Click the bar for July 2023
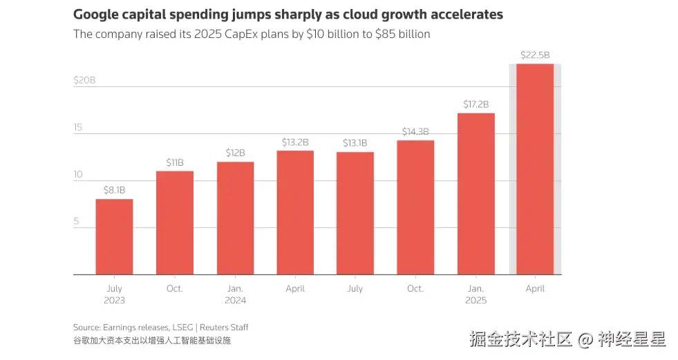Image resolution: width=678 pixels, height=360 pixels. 114,236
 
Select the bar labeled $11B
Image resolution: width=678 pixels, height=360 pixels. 174,222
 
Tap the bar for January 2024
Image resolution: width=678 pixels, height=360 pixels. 235,218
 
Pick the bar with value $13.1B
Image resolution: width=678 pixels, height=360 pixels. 355,213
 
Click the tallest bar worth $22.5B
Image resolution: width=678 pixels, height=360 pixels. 535,169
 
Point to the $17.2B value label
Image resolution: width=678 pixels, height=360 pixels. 475,104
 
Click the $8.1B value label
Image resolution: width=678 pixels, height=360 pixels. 114,190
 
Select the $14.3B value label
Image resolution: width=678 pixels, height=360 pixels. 415,131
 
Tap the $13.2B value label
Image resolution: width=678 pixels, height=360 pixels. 295,142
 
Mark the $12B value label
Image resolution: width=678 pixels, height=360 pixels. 235,153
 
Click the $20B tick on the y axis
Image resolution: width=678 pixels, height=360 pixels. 84,80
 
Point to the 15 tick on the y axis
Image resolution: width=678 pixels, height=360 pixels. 78,127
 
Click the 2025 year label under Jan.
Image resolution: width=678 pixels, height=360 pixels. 475,301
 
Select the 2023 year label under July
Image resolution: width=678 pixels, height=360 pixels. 114,301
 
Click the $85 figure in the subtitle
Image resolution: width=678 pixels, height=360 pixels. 373,34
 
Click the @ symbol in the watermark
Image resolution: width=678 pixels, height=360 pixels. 585,339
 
